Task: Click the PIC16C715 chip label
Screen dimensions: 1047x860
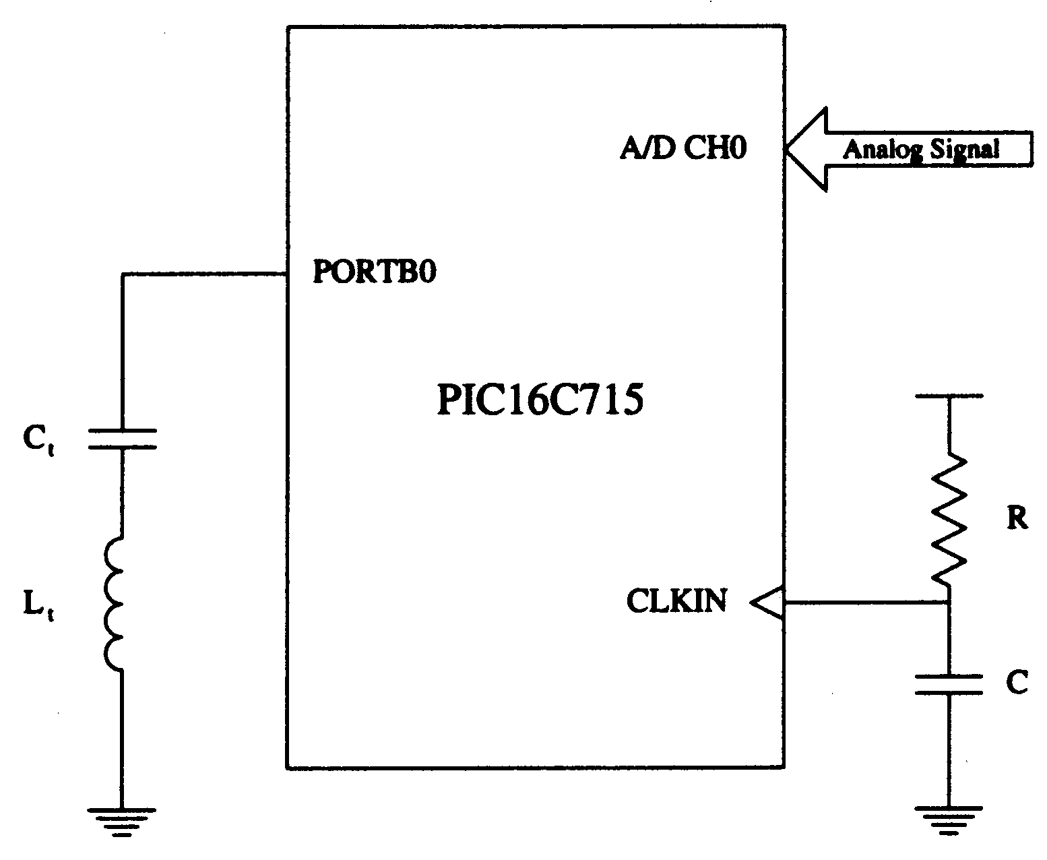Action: click(x=540, y=399)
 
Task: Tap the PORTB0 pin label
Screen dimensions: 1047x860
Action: click(x=375, y=272)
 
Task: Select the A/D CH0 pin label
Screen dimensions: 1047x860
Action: click(x=684, y=148)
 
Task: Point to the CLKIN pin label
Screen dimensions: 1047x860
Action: click(x=676, y=601)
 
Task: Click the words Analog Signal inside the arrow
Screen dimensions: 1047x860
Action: click(x=921, y=150)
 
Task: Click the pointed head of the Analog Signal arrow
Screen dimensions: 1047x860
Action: click(x=786, y=148)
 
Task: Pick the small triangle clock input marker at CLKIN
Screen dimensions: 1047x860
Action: click(x=767, y=603)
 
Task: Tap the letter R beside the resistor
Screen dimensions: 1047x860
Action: click(x=1017, y=518)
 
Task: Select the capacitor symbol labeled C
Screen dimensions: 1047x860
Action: click(x=949, y=684)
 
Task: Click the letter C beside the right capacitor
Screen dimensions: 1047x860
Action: click(x=1017, y=682)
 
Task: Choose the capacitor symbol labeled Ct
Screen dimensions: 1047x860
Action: click(x=122, y=439)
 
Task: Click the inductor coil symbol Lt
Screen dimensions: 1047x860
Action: click(x=114, y=604)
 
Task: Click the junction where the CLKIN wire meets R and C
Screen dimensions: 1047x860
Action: click(x=949, y=603)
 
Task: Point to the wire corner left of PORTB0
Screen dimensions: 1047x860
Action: click(x=123, y=274)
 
